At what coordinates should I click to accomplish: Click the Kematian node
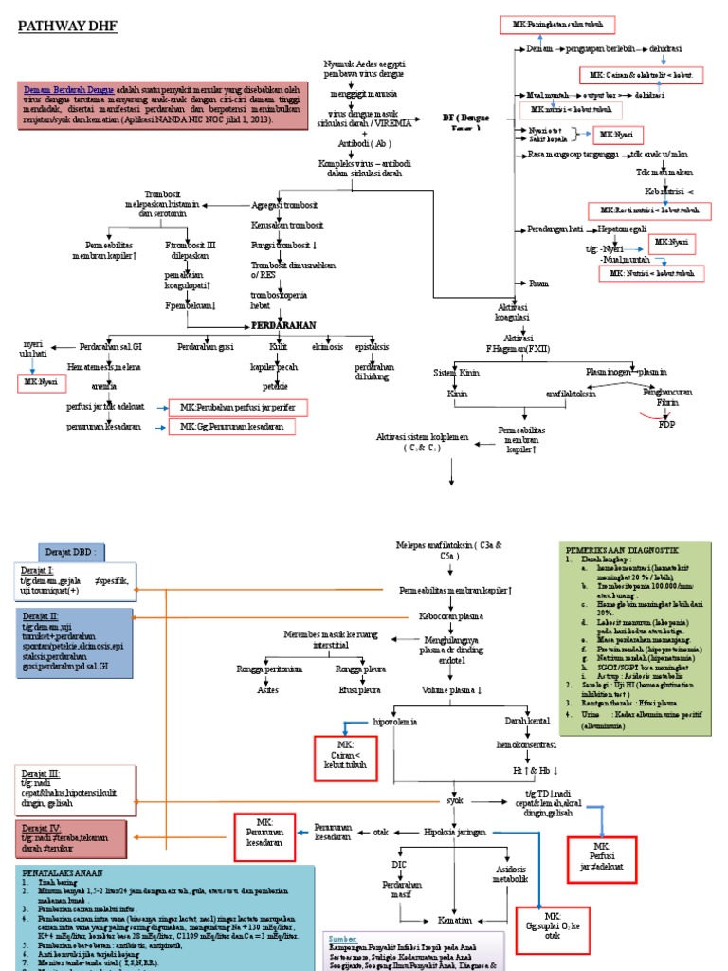455,920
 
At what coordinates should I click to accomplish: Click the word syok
455,799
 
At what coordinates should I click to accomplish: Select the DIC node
399,864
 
